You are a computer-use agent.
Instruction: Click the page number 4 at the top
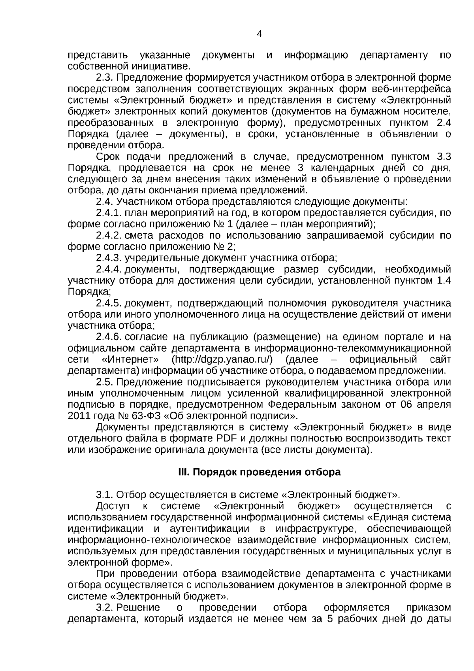coord(259,34)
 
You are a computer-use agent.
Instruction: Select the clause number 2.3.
coord(105,77)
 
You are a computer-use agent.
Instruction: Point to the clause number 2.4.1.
coord(109,214)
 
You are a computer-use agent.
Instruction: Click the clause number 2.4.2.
coord(109,236)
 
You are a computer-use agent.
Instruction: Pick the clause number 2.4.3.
coord(109,259)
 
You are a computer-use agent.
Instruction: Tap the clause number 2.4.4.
coord(109,270)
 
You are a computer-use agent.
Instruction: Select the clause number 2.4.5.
coord(109,303)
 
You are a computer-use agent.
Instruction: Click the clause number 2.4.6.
coord(109,337)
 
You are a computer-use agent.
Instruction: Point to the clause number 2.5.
coord(105,382)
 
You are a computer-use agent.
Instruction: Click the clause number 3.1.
coord(105,495)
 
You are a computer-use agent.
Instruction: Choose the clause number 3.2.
coord(105,607)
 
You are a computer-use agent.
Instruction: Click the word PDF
coord(226,439)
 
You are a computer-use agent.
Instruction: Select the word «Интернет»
coord(130,359)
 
